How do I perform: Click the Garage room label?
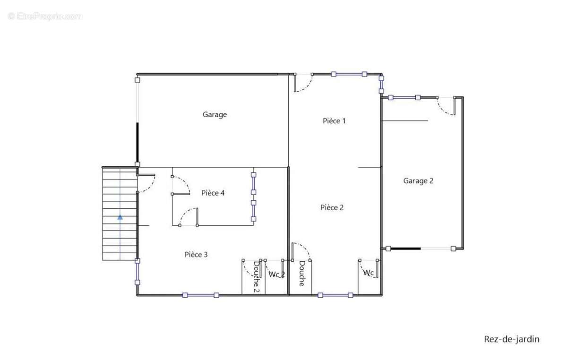[215, 115]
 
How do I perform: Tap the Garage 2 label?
[418, 181]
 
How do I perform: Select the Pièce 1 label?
[334, 121]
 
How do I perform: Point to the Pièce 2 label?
[332, 207]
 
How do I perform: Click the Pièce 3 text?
[196, 255]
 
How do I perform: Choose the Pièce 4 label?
[213, 193]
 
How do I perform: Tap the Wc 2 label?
[277, 274]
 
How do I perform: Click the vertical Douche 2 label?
[257, 276]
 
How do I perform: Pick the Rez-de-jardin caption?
[512, 339]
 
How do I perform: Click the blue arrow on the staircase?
[120, 217]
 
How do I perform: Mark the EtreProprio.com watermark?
[45, 17]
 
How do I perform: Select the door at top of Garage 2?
[446, 106]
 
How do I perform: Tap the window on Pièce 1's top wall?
[349, 74]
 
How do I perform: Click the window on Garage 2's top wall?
[404, 97]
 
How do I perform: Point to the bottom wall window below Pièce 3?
[201, 295]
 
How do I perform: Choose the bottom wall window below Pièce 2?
[335, 295]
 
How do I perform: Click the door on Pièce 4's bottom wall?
[189, 217]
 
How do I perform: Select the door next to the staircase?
[146, 183]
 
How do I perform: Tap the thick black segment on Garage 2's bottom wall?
[406, 249]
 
